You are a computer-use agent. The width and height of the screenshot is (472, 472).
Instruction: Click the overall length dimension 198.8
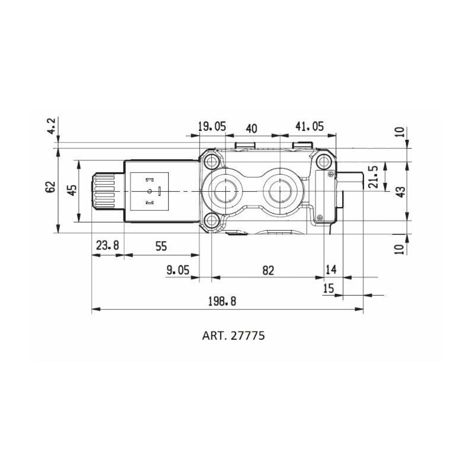[222, 301]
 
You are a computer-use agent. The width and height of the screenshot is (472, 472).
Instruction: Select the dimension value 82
[268, 270]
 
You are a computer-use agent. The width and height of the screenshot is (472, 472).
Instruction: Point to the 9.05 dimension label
[178, 270]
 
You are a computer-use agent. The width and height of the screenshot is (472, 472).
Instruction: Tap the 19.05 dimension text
[212, 126]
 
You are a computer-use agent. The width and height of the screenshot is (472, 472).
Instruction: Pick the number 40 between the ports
[251, 129]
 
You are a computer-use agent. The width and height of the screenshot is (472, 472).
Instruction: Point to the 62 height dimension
[51, 187]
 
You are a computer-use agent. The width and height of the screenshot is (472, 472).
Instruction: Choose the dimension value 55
[161, 247]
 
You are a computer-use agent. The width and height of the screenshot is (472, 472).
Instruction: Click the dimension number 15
[329, 289]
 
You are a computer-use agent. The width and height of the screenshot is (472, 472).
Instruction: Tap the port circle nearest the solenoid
[224, 191]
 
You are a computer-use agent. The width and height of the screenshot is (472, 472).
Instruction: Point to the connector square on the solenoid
[149, 191]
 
